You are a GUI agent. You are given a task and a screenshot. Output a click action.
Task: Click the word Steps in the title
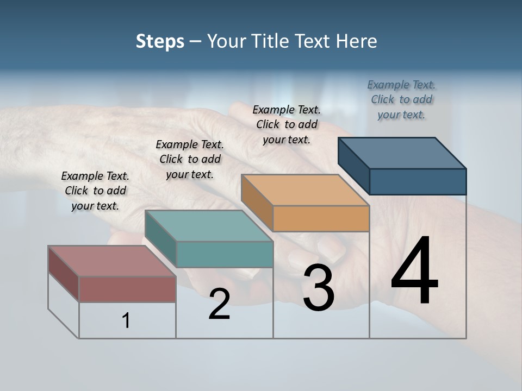pos(160,41)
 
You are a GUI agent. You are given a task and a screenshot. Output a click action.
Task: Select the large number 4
pos(414,272)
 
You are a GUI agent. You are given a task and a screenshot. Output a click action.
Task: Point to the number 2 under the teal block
pos(219,304)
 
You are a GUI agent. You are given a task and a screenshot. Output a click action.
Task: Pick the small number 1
pos(126,320)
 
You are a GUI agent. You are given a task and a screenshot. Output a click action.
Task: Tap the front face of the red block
pos(127,289)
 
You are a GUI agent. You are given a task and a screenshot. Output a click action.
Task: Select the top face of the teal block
pos(209,225)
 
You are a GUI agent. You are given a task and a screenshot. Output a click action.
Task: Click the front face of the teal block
pos(225,254)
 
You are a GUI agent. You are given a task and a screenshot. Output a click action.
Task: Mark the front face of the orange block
pos(321,218)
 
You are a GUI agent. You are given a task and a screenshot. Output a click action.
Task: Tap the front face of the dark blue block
pos(418,181)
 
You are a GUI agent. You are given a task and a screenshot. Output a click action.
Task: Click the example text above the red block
pos(95,191)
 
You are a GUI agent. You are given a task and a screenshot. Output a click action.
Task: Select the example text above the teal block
pos(190,159)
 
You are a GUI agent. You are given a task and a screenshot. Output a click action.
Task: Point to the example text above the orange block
pos(287,124)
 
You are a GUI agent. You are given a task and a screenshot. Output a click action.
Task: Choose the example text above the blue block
pos(401,99)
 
